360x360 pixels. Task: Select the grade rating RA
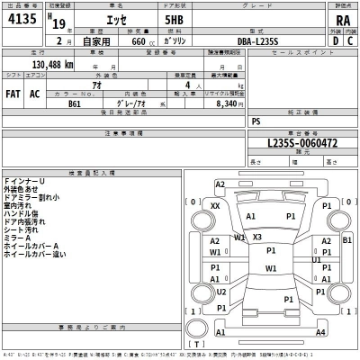(x=342, y=20)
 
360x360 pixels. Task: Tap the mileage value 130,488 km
(x=52, y=65)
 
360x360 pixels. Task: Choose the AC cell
(x=35, y=93)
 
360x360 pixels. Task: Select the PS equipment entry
(x=256, y=120)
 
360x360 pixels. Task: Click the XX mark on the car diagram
(x=215, y=206)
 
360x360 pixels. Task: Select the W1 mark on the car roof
(x=271, y=268)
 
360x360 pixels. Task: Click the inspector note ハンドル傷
(x=22, y=212)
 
